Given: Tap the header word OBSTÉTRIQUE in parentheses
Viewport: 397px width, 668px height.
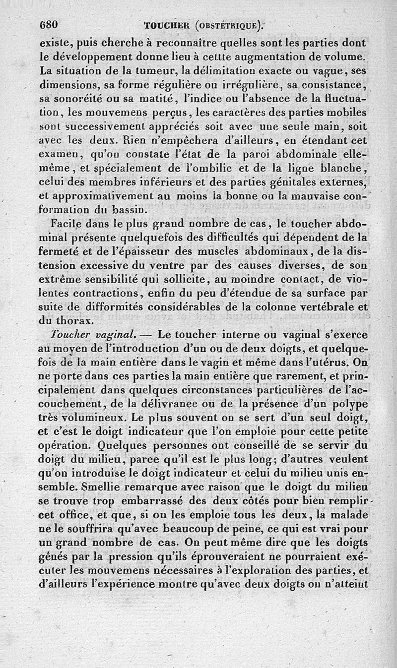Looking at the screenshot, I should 230,25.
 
